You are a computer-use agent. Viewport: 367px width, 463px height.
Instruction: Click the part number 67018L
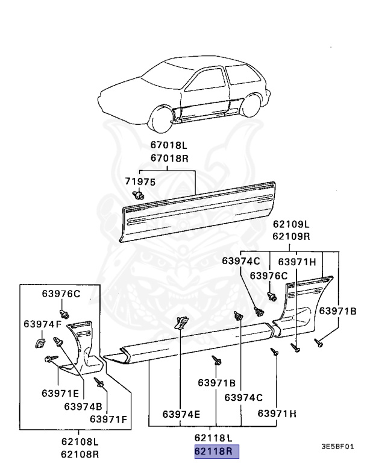168,145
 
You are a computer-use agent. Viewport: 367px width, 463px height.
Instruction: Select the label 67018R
168,157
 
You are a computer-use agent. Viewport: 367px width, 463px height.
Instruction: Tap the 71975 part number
140,181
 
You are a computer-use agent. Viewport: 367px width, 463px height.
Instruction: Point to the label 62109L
290,225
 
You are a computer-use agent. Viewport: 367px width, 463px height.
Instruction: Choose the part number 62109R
290,236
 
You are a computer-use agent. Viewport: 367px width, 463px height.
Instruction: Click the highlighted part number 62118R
216,452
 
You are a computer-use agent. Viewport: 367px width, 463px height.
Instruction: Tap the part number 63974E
181,414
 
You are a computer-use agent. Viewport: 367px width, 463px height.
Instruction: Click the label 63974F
43,324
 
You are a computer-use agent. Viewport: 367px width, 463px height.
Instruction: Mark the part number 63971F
108,418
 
